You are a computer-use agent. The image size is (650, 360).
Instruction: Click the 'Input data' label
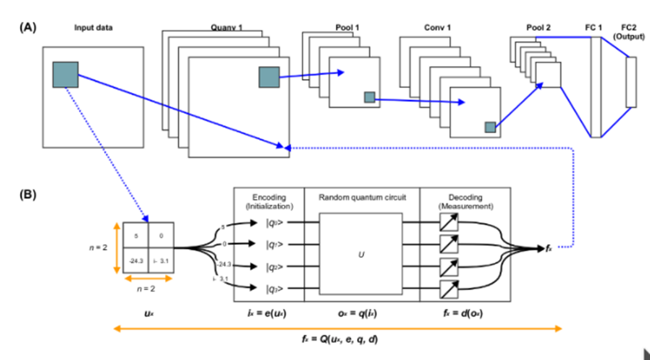tap(93, 27)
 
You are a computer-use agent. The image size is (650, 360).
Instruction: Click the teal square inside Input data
tap(65, 74)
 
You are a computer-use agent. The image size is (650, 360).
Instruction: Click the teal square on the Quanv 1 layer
tap(268, 77)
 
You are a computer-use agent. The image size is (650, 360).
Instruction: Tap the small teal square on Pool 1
tap(369, 97)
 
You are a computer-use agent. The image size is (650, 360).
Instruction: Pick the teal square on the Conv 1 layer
tap(490, 127)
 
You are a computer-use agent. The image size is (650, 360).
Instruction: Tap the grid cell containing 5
tap(136, 235)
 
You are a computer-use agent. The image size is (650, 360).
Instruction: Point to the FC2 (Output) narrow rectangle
tap(631, 82)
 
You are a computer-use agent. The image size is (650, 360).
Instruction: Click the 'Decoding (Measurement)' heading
tap(464, 202)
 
